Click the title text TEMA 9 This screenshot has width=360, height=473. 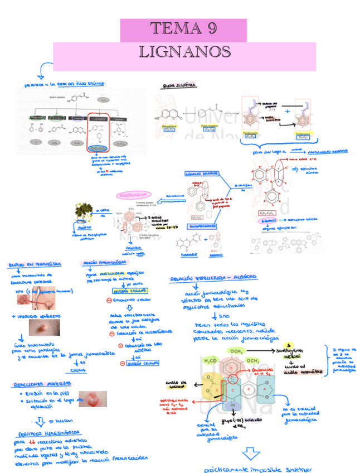(x=183, y=29)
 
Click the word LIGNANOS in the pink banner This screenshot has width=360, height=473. (x=185, y=52)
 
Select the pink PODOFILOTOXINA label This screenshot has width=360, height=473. (x=134, y=196)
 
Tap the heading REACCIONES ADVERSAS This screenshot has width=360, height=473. (x=39, y=384)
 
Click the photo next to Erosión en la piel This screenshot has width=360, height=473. (x=92, y=398)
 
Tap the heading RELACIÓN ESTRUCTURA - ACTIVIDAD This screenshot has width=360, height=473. (x=213, y=277)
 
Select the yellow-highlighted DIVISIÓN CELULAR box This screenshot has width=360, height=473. (x=124, y=290)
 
